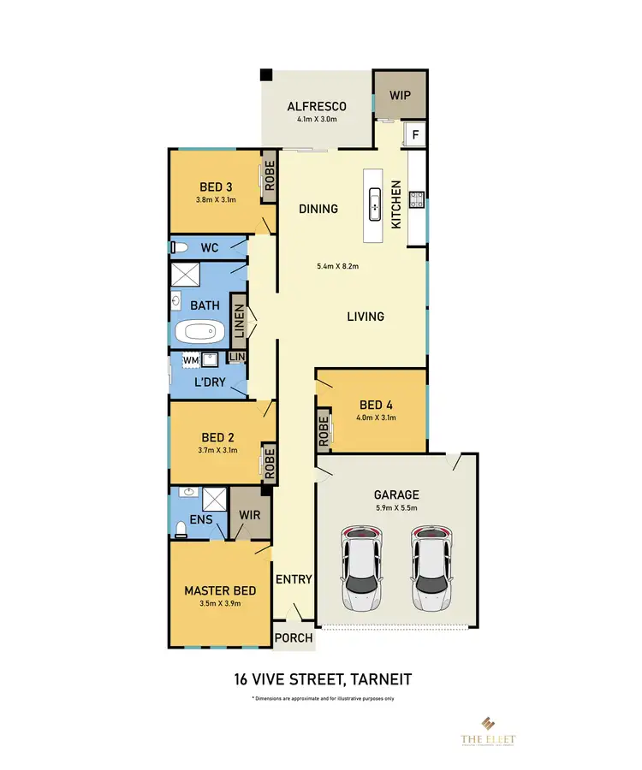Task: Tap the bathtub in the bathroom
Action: click(199, 332)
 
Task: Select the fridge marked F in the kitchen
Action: click(416, 134)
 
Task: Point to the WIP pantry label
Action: click(401, 96)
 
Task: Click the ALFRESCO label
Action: click(317, 106)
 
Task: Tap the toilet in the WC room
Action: click(179, 248)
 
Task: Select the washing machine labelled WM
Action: click(190, 360)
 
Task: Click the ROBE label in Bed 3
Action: click(268, 176)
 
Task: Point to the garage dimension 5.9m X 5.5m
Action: click(396, 508)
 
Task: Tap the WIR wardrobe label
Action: click(251, 515)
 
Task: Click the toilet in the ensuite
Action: click(180, 528)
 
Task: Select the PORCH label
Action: click(294, 637)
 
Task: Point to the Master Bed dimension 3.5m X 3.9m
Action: click(220, 604)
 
